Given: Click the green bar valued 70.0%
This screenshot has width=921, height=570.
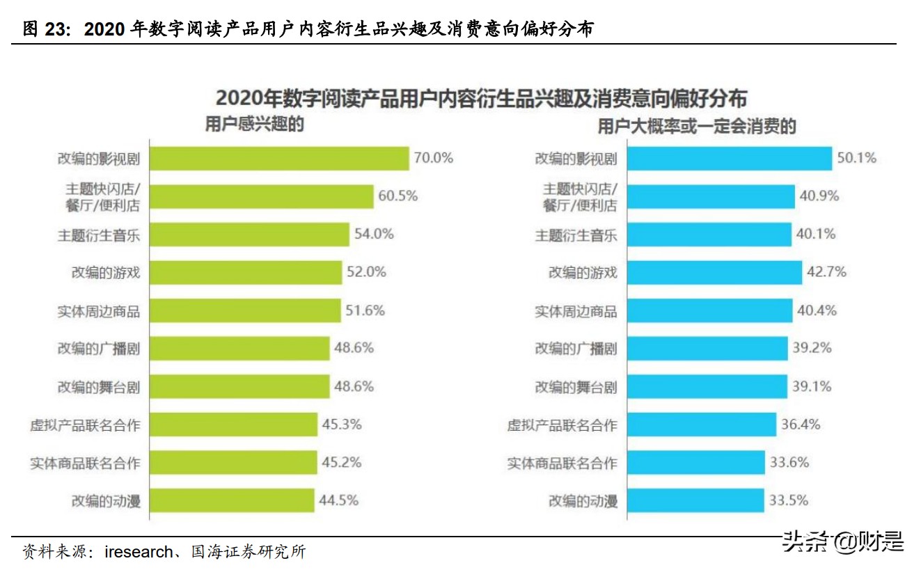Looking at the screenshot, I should pos(279,159).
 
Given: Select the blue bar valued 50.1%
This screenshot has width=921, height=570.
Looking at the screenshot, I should pos(729,159).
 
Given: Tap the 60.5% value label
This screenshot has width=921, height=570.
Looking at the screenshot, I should pos(397,196).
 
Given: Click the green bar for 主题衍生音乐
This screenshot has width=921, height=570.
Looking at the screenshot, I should pos(249,235).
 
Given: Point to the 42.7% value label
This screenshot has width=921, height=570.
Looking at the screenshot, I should pos(826,272).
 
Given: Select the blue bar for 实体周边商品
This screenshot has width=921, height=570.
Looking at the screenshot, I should pos(709,310).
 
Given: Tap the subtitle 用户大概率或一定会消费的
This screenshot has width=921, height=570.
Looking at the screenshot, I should pos(696,126).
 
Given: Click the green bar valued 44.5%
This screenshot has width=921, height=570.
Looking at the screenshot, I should pos(232,500).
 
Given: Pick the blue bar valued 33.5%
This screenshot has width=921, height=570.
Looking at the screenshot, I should pos(695,500).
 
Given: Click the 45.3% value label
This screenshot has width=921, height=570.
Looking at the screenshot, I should pos(341,424).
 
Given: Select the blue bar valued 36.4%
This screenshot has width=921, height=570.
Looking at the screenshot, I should pos(701,424).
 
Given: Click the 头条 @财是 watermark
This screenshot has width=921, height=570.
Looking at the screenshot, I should pos(842,541).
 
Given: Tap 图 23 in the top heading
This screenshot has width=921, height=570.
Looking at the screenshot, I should pos(47,29).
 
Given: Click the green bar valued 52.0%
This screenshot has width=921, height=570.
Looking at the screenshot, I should pos(246,272).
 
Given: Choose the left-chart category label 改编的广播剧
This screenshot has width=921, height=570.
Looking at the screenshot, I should pos(99,348).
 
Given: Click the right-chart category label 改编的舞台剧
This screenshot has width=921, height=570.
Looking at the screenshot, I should pos(576,386).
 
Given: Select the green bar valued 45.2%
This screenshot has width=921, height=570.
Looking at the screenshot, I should pos(233,462).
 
